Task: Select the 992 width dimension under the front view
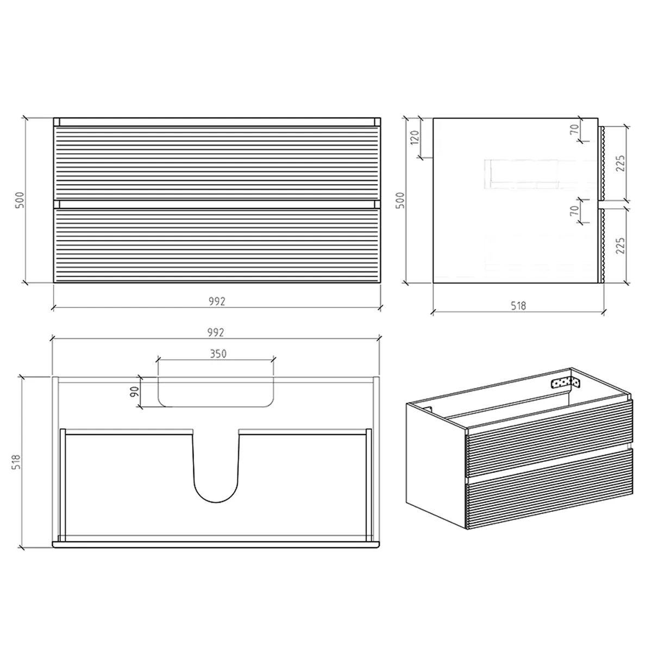tap(217, 300)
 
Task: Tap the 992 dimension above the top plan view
tap(217, 331)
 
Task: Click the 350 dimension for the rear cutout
tap(217, 353)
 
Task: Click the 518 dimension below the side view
tap(518, 306)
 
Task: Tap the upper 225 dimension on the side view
tap(621, 163)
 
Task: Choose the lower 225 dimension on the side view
tap(621, 245)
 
